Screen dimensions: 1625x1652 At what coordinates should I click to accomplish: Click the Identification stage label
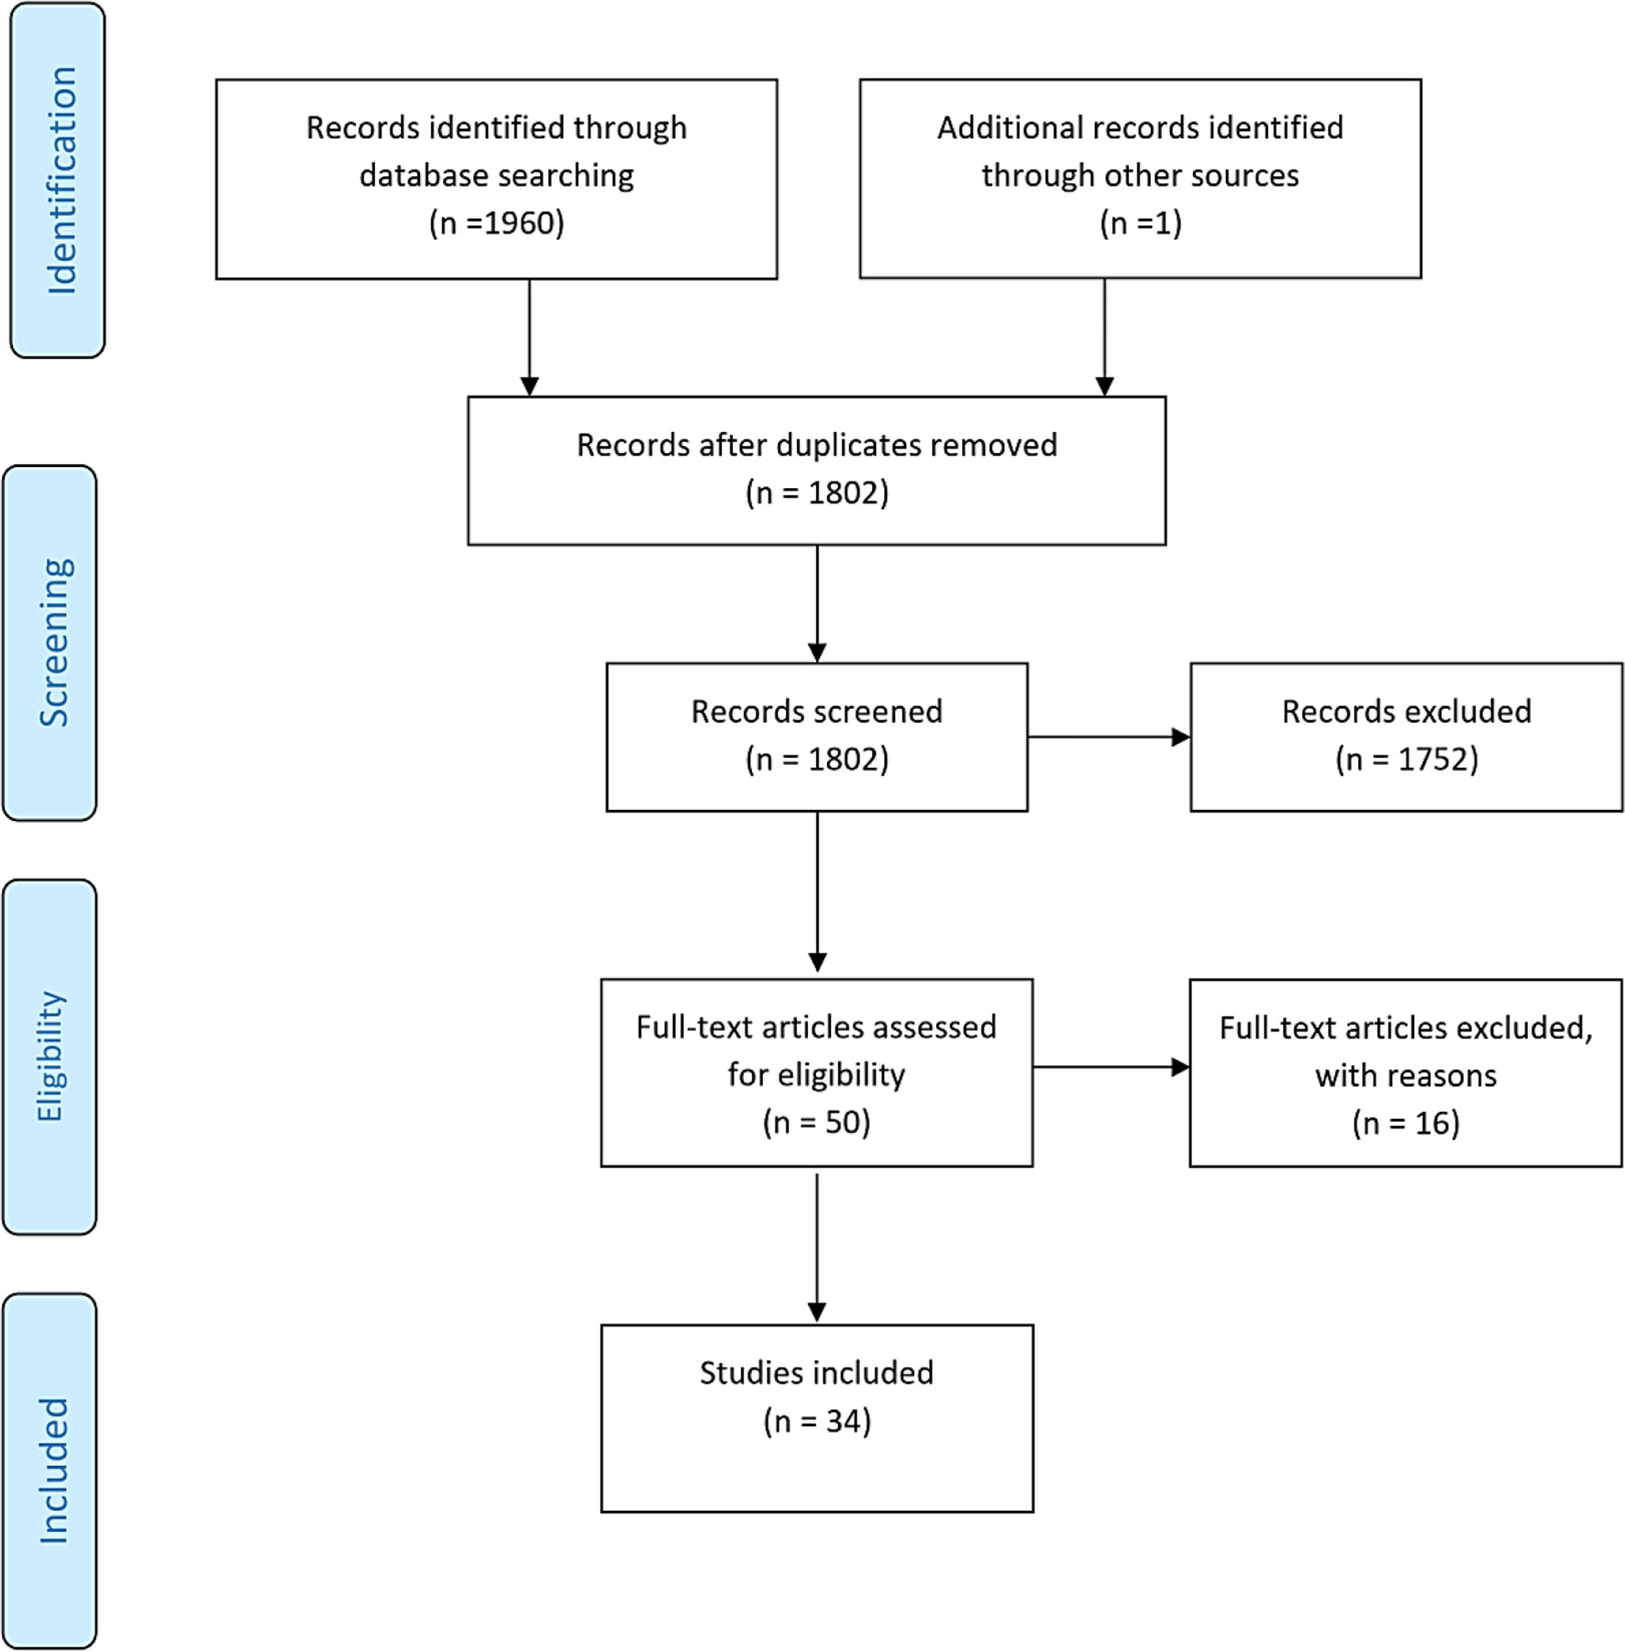coord(61,181)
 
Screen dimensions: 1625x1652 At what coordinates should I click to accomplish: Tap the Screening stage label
coord(54,643)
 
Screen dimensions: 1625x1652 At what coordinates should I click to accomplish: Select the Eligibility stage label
coord(50,1057)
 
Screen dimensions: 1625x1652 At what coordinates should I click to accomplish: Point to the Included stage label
coord(53,1470)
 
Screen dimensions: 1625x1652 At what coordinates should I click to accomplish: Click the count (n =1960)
coord(496,223)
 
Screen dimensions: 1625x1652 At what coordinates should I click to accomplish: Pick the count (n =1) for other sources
coord(1140,223)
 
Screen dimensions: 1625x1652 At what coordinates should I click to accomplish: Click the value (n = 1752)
coord(1406,759)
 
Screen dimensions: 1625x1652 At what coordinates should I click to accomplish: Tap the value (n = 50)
coord(816,1122)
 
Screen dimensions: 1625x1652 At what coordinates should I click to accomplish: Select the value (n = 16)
coord(1405,1123)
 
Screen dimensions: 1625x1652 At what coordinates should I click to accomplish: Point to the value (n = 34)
coord(816,1421)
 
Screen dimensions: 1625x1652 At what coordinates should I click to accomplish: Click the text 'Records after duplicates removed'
coord(816,445)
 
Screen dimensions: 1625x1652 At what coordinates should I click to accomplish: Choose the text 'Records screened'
coord(816,712)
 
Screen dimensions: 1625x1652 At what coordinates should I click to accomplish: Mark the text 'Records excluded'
coord(1406,712)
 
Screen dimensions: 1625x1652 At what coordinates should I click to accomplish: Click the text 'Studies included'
coord(816,1373)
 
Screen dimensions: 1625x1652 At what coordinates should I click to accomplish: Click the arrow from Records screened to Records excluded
coord(1109,737)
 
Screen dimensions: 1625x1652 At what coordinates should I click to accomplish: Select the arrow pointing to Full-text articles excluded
coord(1111,1067)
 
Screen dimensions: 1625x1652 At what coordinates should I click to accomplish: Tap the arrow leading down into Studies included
coord(816,1248)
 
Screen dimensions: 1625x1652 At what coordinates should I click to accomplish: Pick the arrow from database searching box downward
coord(529,338)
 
